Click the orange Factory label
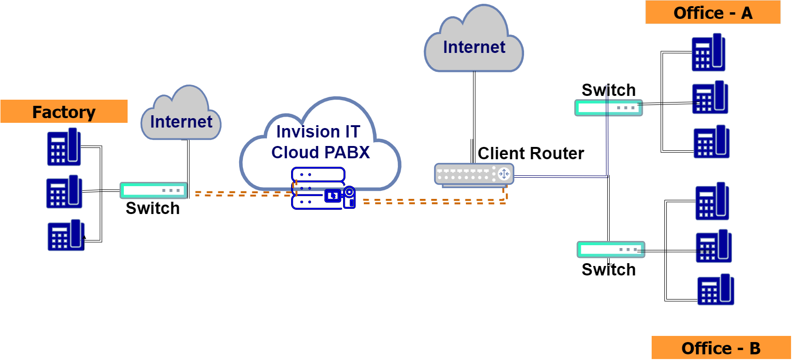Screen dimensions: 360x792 (64, 111)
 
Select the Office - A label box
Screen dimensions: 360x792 (713, 13)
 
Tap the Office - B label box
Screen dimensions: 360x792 (721, 348)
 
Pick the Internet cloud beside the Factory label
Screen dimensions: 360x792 (181, 118)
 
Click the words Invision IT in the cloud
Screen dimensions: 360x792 (318, 131)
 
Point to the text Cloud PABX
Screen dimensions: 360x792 (320, 153)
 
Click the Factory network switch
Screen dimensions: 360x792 (154, 190)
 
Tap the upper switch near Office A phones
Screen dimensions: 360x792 (608, 108)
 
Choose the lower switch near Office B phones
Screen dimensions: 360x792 (611, 249)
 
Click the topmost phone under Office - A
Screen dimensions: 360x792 (708, 52)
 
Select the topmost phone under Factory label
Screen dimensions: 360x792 (64, 147)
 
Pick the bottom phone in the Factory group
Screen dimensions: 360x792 (66, 235)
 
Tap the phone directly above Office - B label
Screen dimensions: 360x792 (715, 290)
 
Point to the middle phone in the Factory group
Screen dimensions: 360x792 (64, 192)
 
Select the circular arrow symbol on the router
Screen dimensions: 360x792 (504, 174)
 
